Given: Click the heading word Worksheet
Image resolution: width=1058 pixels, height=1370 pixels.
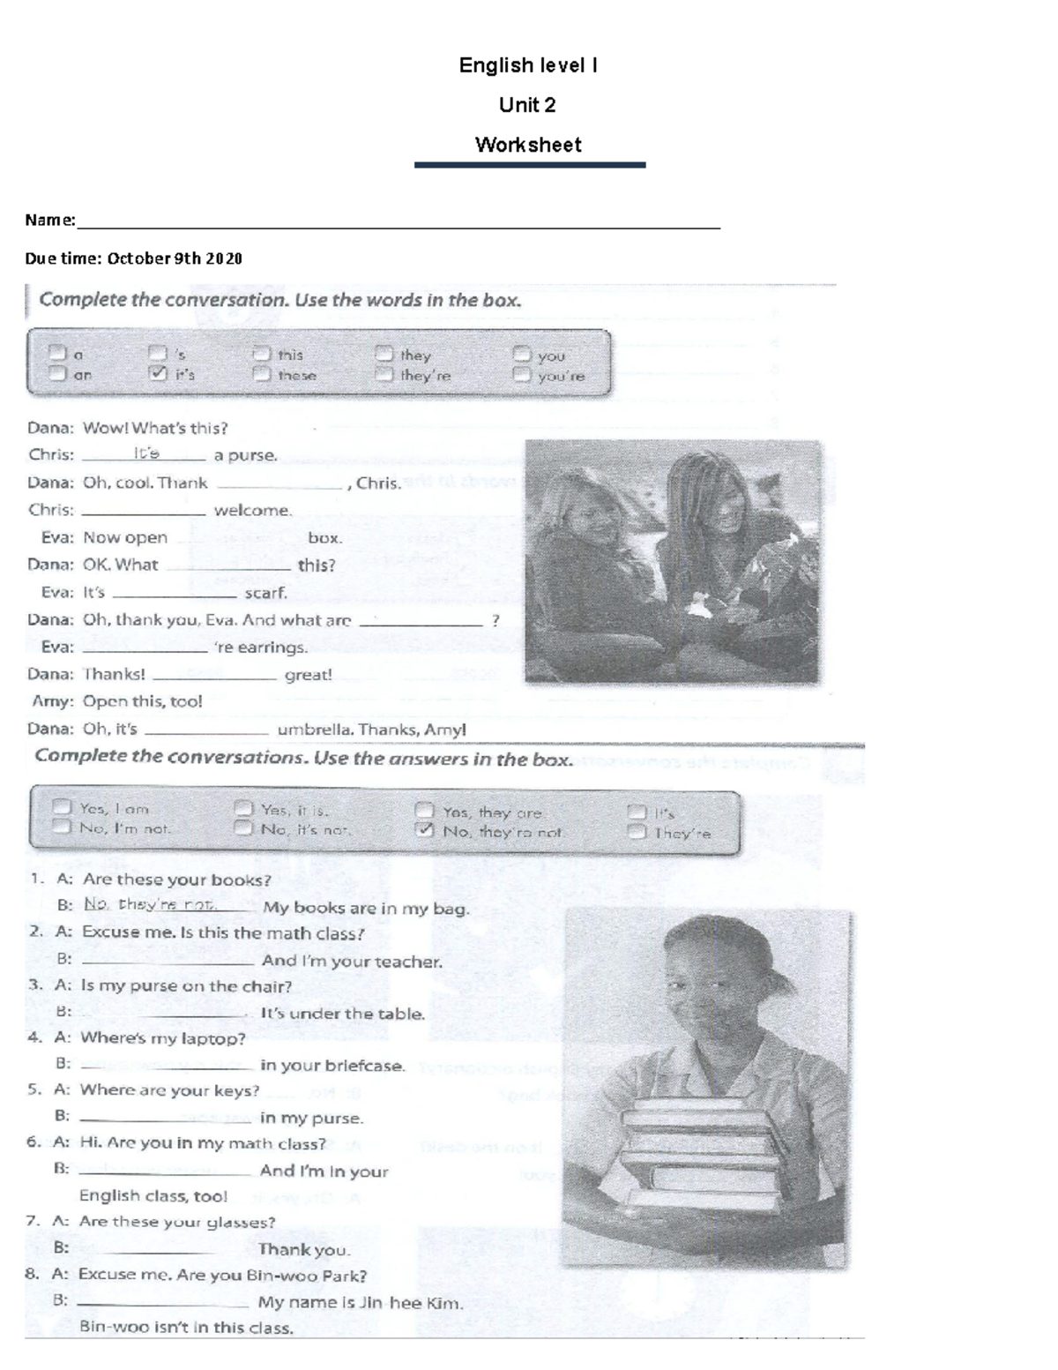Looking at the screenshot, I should click(x=528, y=145).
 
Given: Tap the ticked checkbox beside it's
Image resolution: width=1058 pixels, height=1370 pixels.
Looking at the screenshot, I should click(x=158, y=374).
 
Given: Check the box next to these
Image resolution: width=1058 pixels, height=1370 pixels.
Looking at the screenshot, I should click(x=261, y=374).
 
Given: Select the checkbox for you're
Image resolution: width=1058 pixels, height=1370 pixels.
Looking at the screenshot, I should click(x=523, y=375).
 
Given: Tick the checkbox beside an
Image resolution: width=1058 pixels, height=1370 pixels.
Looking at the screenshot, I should click(x=57, y=373).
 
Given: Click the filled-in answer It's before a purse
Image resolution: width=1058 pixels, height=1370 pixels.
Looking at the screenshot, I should click(x=146, y=453).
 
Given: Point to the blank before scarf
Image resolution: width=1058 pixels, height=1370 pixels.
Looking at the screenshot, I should click(x=174, y=594).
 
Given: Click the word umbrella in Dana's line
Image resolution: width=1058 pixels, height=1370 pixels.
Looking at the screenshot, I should click(x=315, y=730).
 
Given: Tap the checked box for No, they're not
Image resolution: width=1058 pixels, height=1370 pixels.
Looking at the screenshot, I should click(x=425, y=830).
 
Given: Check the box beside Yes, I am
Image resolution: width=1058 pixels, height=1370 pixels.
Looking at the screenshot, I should click(x=62, y=806).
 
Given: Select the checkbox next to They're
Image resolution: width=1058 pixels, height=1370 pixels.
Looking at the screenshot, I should click(x=637, y=831).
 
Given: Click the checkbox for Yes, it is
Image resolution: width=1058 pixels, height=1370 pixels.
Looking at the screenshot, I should click(x=243, y=808).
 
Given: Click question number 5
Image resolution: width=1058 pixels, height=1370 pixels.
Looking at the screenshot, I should click(x=34, y=1089).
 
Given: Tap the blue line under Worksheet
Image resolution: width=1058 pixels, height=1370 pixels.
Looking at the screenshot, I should click(x=530, y=165).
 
